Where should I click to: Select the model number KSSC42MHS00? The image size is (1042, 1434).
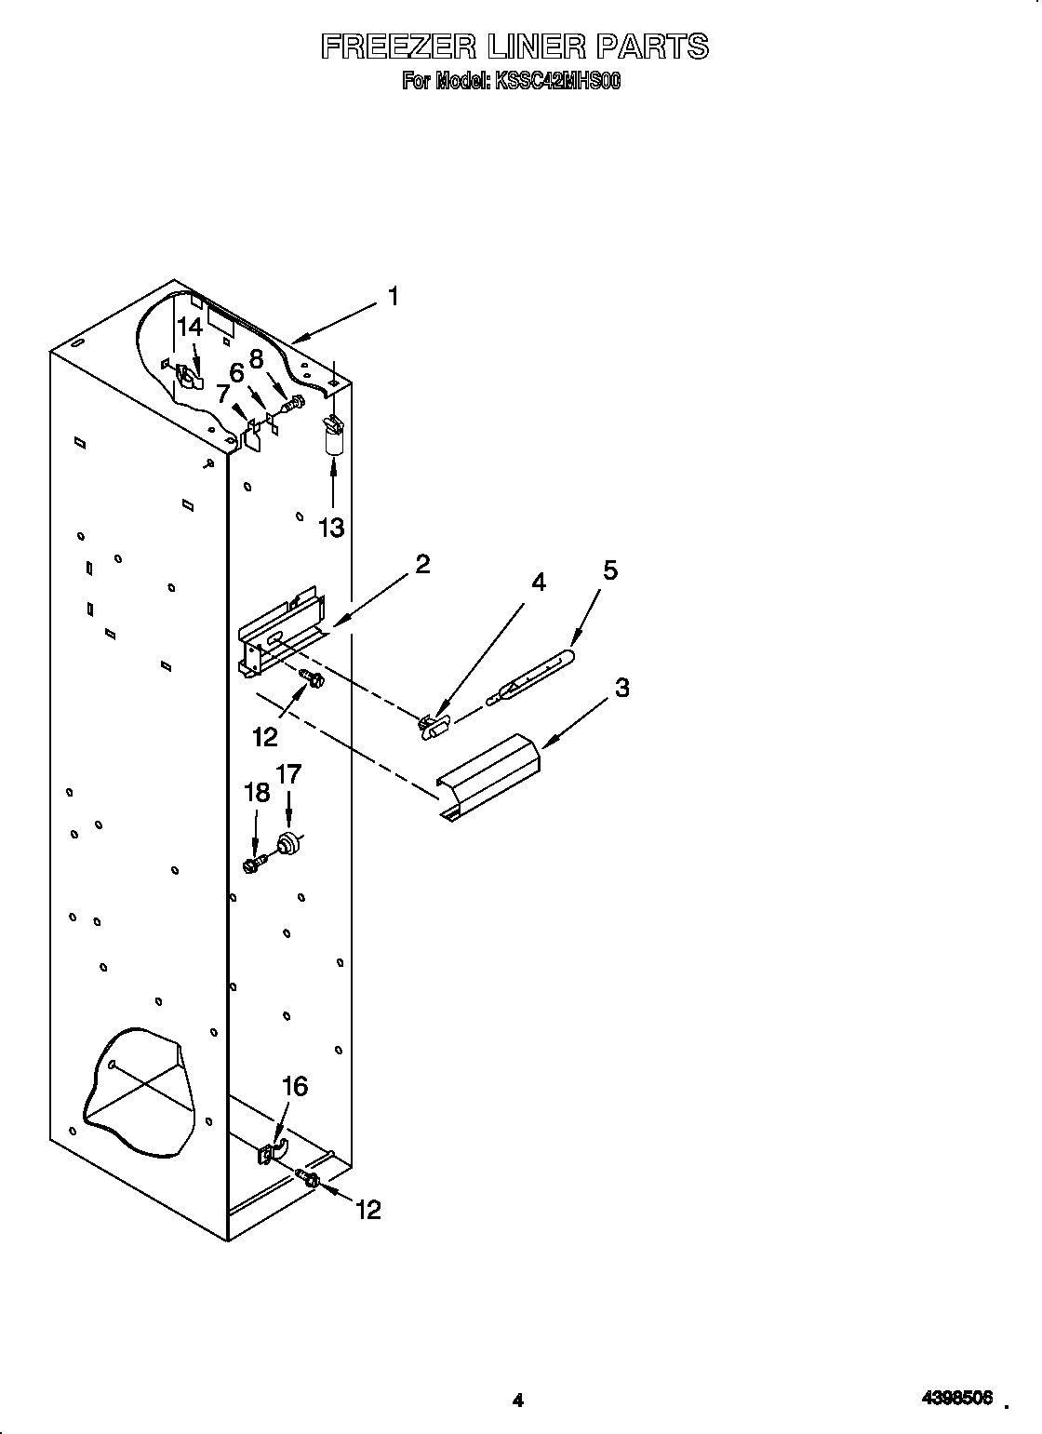[557, 82]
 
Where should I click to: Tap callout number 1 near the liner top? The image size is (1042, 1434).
[394, 297]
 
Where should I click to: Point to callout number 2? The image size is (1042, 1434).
[422, 564]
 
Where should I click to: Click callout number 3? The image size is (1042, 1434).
[621, 688]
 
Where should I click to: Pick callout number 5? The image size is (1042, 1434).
[609, 570]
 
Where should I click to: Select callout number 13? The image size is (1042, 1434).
[331, 528]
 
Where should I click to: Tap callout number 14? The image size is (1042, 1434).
[190, 327]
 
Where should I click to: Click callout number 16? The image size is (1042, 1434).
[294, 1086]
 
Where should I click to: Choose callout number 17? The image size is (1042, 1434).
[288, 774]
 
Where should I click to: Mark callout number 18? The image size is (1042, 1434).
[256, 792]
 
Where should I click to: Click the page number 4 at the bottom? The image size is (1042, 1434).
[519, 1374]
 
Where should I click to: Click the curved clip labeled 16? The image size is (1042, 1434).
[273, 1151]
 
